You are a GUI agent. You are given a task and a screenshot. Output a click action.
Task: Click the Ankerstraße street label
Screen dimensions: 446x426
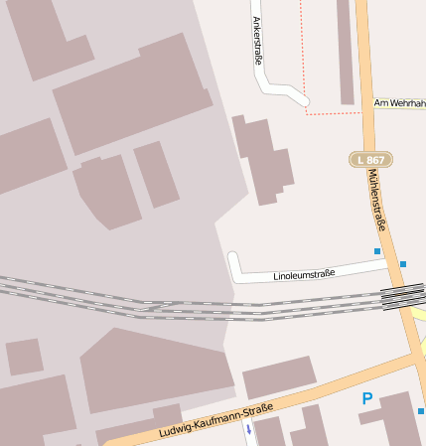(256, 40)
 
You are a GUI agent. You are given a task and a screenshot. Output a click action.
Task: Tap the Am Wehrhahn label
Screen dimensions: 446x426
(399, 102)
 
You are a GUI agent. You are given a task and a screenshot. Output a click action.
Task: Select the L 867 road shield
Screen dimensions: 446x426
(371, 159)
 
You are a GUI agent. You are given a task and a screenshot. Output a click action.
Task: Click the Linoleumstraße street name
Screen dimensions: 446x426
(304, 273)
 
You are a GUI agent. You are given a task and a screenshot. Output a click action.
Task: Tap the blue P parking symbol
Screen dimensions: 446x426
(367, 399)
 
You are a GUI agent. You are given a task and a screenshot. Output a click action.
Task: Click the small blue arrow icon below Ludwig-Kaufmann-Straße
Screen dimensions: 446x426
(248, 431)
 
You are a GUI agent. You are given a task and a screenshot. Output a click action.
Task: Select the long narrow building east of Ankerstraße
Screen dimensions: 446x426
(345, 50)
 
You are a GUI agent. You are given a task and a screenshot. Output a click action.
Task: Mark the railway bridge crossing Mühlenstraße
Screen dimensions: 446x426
(401, 296)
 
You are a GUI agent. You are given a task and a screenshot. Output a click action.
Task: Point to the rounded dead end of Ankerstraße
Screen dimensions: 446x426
(303, 100)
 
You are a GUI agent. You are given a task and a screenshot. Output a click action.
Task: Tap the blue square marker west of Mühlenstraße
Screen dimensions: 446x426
(377, 251)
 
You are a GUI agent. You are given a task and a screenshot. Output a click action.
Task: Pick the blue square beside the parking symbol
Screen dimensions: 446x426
(421, 411)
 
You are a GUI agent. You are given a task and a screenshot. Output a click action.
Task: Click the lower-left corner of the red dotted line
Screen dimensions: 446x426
(306, 113)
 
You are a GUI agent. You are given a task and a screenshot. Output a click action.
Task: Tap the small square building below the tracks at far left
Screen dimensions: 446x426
(24, 357)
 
